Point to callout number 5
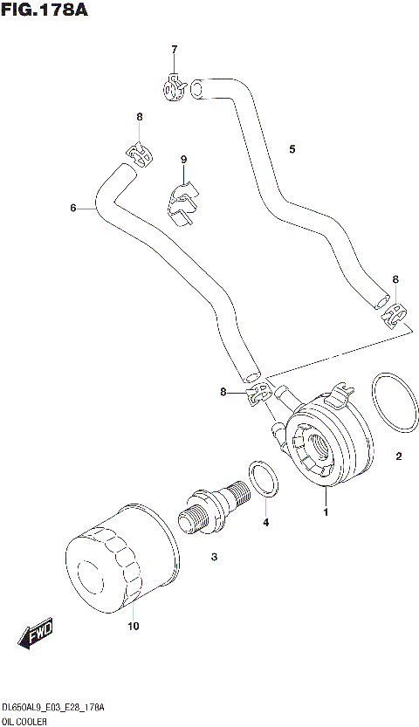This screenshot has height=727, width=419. [292, 149]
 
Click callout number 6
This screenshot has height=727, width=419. [73, 208]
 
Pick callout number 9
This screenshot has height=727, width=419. [184, 159]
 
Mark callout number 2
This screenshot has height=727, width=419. [399, 455]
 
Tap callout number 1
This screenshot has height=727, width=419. [326, 512]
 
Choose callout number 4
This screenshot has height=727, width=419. [265, 523]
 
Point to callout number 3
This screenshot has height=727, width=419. [213, 555]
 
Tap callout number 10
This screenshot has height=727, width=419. [133, 626]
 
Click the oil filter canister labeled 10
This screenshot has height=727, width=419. [109, 559]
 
